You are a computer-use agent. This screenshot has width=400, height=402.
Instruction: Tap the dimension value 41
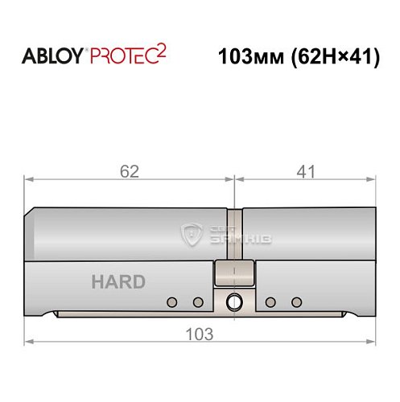(x=305, y=171)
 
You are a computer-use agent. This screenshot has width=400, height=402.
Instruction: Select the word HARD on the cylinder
(x=118, y=282)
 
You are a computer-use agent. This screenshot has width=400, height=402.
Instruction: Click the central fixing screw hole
(x=234, y=302)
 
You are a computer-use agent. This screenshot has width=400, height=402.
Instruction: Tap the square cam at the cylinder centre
(x=233, y=273)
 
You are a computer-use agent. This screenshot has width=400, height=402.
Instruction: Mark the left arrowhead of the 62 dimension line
(x=29, y=181)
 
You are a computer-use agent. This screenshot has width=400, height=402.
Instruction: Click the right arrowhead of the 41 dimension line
(x=371, y=181)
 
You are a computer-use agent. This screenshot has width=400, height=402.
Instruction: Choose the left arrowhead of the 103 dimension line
(x=29, y=342)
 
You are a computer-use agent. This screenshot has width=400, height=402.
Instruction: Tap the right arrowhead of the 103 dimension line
(x=371, y=342)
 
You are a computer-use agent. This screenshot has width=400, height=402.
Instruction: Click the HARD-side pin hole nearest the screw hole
(x=197, y=302)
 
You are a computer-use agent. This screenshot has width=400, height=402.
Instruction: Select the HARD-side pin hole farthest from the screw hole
(x=171, y=302)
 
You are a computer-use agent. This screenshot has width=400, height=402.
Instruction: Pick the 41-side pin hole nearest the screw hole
(x=270, y=302)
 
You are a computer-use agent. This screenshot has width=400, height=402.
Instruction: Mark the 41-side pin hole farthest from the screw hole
(x=296, y=302)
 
